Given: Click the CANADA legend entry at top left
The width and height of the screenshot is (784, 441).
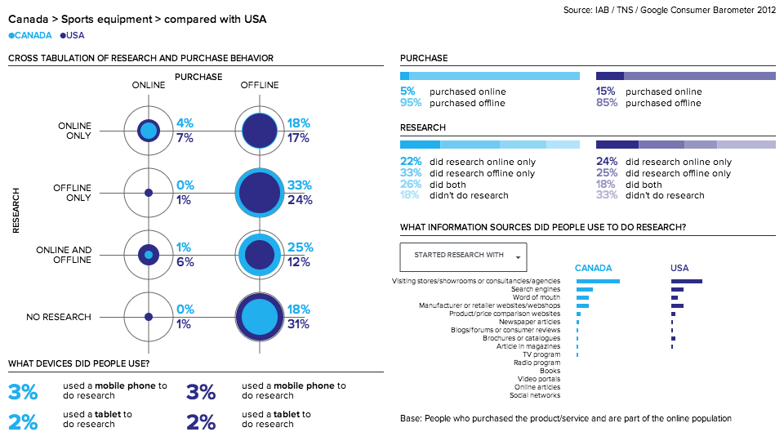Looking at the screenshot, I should pyautogui.click(x=30, y=35).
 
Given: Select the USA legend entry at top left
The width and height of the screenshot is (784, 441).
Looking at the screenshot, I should pyautogui.click(x=73, y=35).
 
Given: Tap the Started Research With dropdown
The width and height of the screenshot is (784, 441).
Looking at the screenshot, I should pyautogui.click(x=463, y=256).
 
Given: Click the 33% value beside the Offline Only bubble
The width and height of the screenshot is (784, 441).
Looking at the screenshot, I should pyautogui.click(x=300, y=185).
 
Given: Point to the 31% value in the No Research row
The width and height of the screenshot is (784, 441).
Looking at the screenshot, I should pyautogui.click(x=300, y=324).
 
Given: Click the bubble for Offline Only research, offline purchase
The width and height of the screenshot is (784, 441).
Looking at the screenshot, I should pyautogui.click(x=260, y=193).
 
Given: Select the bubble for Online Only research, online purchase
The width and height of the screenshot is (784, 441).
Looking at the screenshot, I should pyautogui.click(x=148, y=131).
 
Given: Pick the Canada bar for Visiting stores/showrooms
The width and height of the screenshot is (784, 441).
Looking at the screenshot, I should pyautogui.click(x=598, y=282).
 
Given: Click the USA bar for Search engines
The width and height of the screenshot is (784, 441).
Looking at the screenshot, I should pyautogui.click(x=677, y=289).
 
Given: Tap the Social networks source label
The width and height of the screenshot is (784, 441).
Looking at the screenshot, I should pyautogui.click(x=534, y=395).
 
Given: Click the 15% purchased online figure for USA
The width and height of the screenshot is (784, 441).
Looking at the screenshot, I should pyautogui.click(x=605, y=91).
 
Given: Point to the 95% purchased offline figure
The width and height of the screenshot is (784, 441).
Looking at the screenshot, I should pyautogui.click(x=411, y=103).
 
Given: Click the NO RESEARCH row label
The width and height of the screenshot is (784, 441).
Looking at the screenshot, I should pyautogui.click(x=63, y=317).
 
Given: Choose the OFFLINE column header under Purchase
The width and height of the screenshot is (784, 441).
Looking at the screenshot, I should pyautogui.click(x=259, y=85).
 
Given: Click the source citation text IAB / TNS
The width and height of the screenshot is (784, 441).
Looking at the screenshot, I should pyautogui.click(x=670, y=11).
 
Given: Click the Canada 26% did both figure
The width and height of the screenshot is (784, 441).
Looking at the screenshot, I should pyautogui.click(x=411, y=185).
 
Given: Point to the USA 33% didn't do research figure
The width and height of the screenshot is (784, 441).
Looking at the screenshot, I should pyautogui.click(x=606, y=195).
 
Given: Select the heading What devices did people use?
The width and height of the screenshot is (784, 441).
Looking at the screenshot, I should pyautogui.click(x=78, y=363).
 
